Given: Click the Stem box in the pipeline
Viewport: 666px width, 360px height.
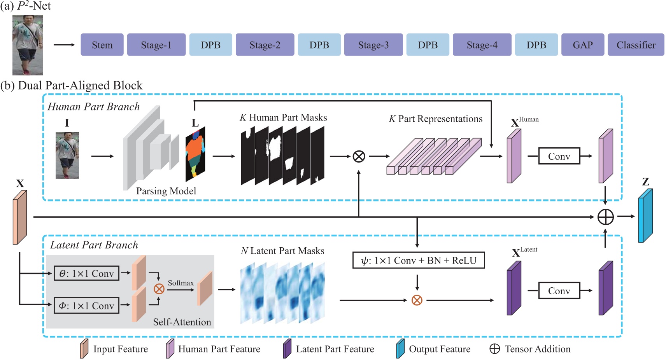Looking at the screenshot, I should (102, 45).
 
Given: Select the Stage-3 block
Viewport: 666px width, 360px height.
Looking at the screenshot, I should (373, 45).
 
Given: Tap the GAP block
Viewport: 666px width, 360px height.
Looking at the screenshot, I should (582, 45).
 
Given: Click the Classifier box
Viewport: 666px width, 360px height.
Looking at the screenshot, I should (636, 45).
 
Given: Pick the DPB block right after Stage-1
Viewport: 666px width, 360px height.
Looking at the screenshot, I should (210, 45).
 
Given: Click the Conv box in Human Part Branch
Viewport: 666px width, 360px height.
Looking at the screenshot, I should (559, 156).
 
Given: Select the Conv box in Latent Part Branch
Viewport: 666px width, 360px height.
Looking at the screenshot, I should (559, 290).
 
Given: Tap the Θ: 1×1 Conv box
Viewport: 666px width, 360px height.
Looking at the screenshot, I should (86, 273).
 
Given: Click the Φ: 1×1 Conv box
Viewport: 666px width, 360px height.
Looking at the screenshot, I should (86, 306).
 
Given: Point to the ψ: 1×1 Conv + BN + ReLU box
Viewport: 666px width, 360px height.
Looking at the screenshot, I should (418, 260).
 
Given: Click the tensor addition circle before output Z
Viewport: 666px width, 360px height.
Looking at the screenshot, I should (605, 217).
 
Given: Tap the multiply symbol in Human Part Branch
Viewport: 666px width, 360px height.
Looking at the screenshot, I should (359, 156).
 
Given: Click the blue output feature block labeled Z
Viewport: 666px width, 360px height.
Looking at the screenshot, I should (645, 216).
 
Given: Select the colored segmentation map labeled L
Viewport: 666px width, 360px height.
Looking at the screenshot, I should (195, 154).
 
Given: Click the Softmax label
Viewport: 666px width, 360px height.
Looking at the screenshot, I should (181, 283).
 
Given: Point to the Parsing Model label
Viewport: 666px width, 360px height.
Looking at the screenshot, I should (166, 191).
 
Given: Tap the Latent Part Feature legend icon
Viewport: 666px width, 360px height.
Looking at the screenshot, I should (287, 348).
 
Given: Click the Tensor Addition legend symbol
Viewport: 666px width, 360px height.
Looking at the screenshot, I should (494, 349).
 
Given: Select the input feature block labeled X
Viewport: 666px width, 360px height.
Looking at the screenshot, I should (19, 217).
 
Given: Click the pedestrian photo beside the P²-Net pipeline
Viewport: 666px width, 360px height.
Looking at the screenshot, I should (27, 45).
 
